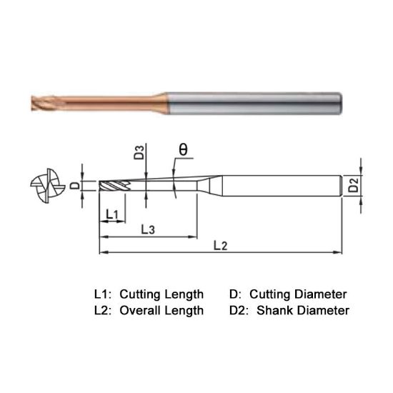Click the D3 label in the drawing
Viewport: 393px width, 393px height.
coord(140,152)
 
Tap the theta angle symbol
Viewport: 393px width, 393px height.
coord(183,150)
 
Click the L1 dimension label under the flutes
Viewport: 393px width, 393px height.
coord(111,213)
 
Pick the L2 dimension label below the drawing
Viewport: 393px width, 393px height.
coord(219,247)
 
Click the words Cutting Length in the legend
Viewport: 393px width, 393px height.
coord(161,294)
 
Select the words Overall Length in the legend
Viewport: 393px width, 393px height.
coord(162,310)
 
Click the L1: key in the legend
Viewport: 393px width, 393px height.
coord(104,294)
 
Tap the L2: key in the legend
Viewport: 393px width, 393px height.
coord(104,310)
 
